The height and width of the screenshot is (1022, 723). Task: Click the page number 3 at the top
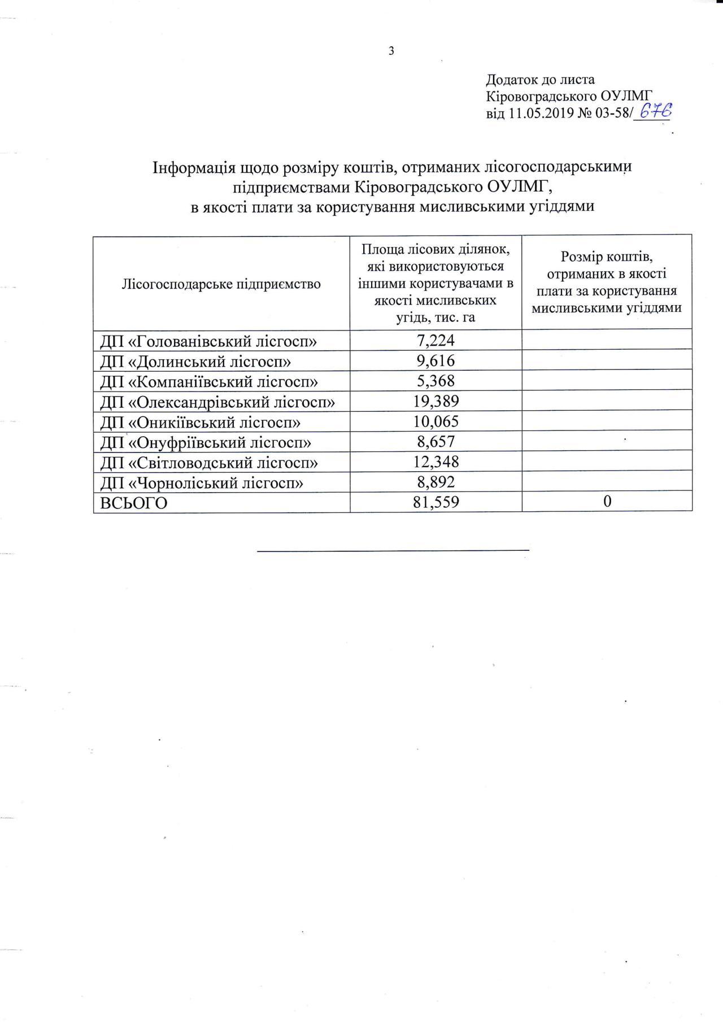click(x=391, y=51)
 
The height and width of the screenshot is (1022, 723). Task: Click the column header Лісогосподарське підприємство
click(x=221, y=284)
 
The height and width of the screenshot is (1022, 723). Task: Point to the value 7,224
click(x=435, y=341)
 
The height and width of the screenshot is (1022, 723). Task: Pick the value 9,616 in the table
click(x=435, y=361)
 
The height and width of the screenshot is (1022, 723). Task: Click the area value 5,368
click(x=435, y=381)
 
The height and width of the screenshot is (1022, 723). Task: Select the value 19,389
click(x=435, y=402)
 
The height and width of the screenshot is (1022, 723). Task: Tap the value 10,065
click(x=435, y=422)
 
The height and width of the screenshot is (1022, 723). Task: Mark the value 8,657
click(x=435, y=442)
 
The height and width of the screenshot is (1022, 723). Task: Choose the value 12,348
click(x=435, y=462)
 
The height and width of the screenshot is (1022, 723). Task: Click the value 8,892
click(x=435, y=482)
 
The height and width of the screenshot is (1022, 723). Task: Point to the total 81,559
click(x=435, y=502)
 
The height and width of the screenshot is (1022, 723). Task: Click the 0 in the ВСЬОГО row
click(x=607, y=502)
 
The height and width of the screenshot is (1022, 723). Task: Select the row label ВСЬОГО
click(x=134, y=503)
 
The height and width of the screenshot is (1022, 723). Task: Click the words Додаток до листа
click(x=540, y=80)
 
